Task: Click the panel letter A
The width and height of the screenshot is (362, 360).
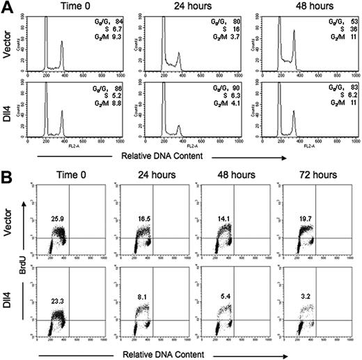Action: point(8,7)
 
